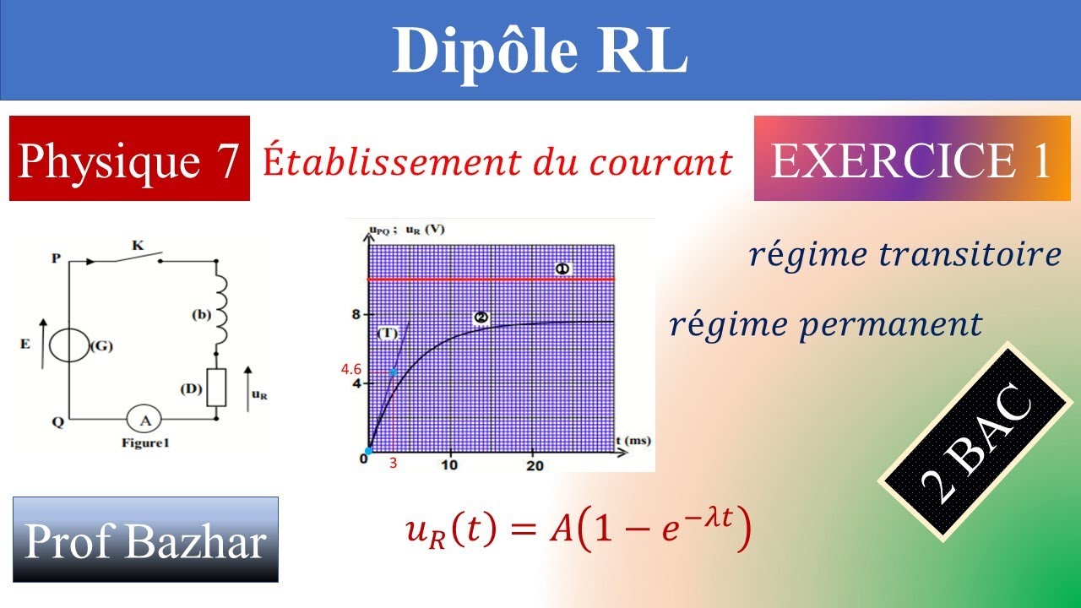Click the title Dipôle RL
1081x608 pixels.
pyautogui.click(x=540, y=51)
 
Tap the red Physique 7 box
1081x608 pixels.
pyautogui.click(x=129, y=159)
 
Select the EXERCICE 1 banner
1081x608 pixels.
pyautogui.click(x=911, y=159)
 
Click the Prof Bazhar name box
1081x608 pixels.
pyautogui.click(x=145, y=540)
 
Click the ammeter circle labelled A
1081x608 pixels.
pyautogui.click(x=144, y=419)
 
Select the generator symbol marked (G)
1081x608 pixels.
pyautogui.click(x=69, y=345)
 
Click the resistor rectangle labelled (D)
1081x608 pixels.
pyautogui.click(x=217, y=388)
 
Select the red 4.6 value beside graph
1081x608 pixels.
pyautogui.click(x=351, y=369)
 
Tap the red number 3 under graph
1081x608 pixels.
pyautogui.click(x=393, y=463)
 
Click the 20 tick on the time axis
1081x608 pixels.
pyautogui.click(x=534, y=465)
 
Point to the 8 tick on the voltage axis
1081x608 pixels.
pyautogui.click(x=356, y=315)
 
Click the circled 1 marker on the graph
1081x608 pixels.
pyautogui.click(x=563, y=269)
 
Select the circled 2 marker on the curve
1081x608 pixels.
pyautogui.click(x=481, y=318)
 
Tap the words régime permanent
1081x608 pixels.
pyautogui.click(x=825, y=324)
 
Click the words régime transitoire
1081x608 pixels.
pyautogui.click(x=904, y=255)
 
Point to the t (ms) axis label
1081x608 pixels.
pyautogui.click(x=633, y=441)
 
